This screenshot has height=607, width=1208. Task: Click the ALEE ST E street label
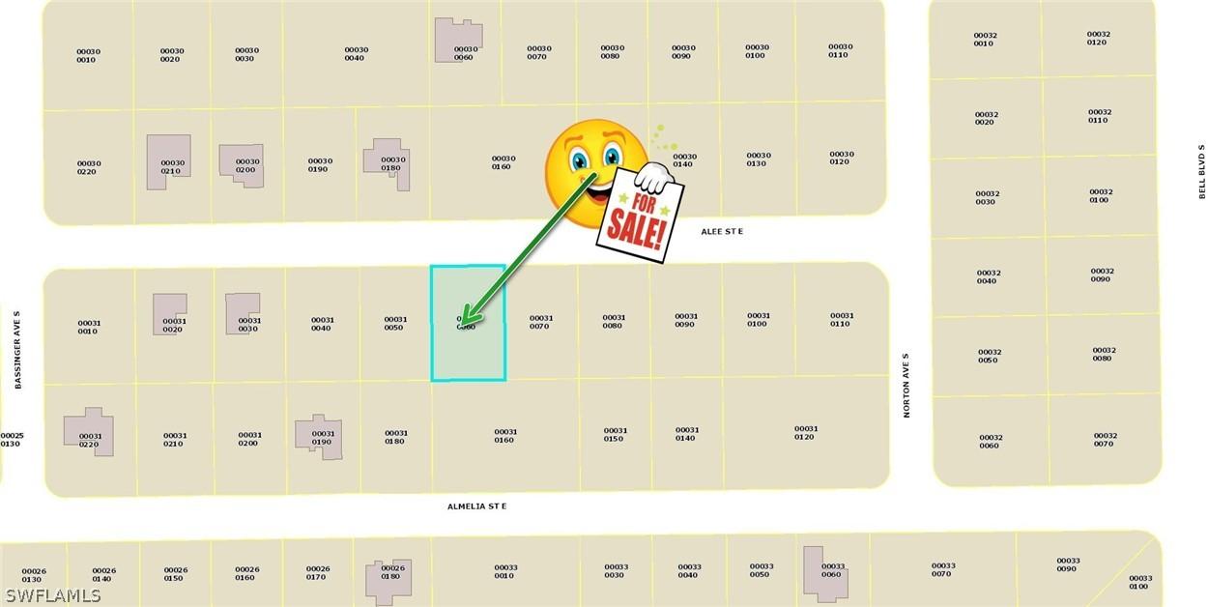pos(722,232)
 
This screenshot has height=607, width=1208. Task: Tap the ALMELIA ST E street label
pos(476,506)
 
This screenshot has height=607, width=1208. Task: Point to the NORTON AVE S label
pos(906,385)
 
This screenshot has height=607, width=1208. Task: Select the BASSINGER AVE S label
pos(17,350)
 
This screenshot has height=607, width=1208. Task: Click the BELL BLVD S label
pos(1201,172)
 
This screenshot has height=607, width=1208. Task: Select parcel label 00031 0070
pos(540,322)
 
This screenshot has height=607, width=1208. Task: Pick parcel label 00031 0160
pos(504,436)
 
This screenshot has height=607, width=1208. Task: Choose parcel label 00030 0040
pos(356,54)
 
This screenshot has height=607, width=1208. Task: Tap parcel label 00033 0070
pos(943,570)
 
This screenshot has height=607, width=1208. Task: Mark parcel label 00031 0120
pos(805,433)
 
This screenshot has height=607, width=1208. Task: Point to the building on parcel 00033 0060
pos(825,570)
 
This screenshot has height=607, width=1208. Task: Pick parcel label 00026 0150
pos(175,574)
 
